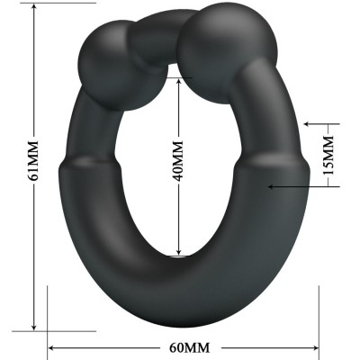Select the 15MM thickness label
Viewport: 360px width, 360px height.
click(x=330, y=154)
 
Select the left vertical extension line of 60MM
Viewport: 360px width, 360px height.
click(x=46, y=310)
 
